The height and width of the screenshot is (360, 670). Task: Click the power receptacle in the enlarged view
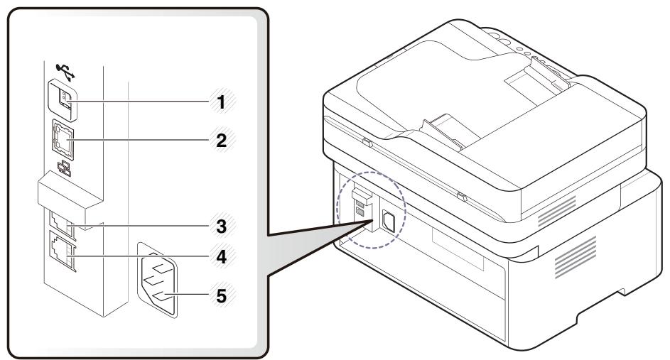pos(158,285)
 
